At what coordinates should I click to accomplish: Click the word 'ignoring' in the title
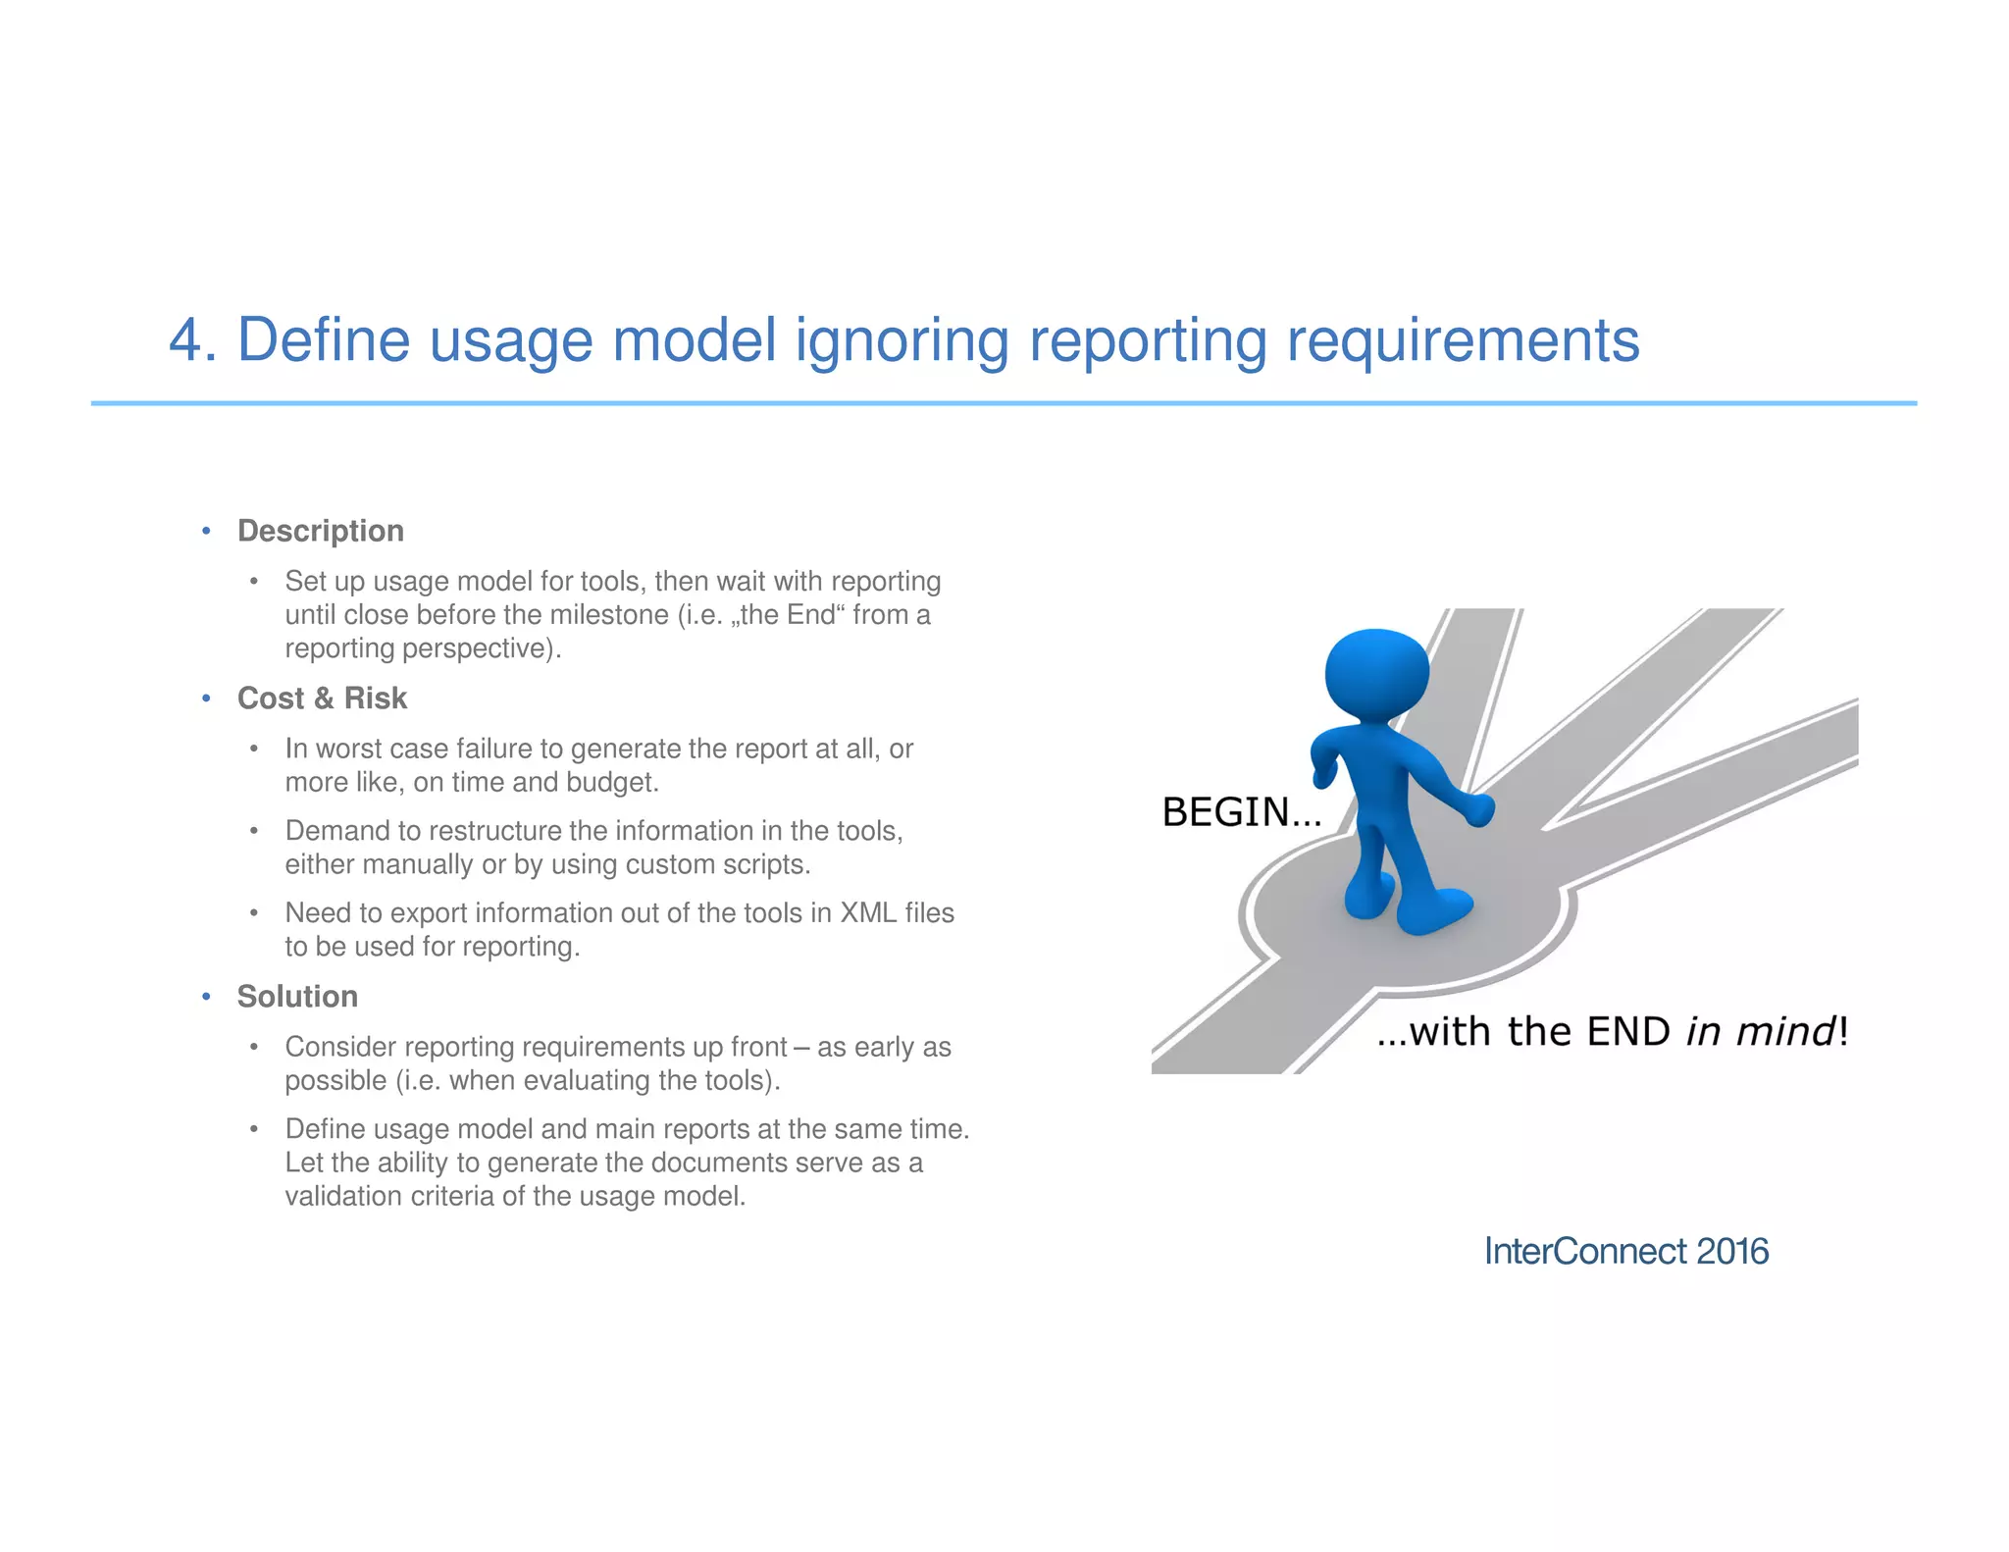coord(901,340)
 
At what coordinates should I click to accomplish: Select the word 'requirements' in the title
coord(1462,340)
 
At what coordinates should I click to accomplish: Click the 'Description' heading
coord(320,531)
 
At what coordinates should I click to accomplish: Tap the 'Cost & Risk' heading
coord(322,698)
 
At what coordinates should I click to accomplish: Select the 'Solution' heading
coord(297,997)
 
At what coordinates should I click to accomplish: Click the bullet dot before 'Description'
coord(206,532)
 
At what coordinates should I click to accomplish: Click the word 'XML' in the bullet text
coord(868,913)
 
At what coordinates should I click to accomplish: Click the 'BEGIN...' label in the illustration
coord(1241,812)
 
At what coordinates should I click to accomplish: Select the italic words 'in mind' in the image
coord(1760,1032)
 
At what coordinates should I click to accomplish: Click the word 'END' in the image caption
coord(1627,1032)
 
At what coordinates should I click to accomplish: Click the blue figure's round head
coord(1376,675)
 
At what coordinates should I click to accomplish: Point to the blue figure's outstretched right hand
coord(1477,810)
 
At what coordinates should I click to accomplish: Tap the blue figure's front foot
coord(1434,909)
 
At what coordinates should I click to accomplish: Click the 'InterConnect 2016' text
coord(1625,1252)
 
